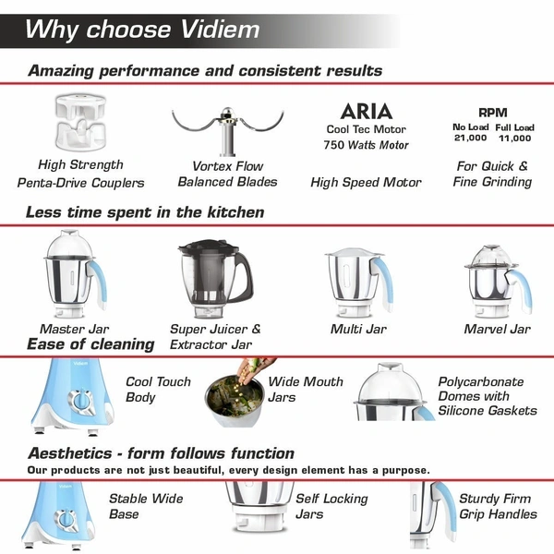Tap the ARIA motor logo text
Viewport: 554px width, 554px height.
(366, 111)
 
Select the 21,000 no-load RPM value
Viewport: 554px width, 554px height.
(470, 138)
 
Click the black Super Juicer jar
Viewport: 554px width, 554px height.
(212, 277)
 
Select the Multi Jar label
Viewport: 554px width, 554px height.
(358, 329)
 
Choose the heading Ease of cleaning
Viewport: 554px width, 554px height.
(90, 344)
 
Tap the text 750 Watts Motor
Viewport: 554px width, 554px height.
(366, 145)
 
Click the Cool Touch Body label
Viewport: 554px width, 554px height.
(158, 390)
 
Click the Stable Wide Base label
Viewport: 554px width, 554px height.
(146, 506)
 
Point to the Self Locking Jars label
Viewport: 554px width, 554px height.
(331, 506)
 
